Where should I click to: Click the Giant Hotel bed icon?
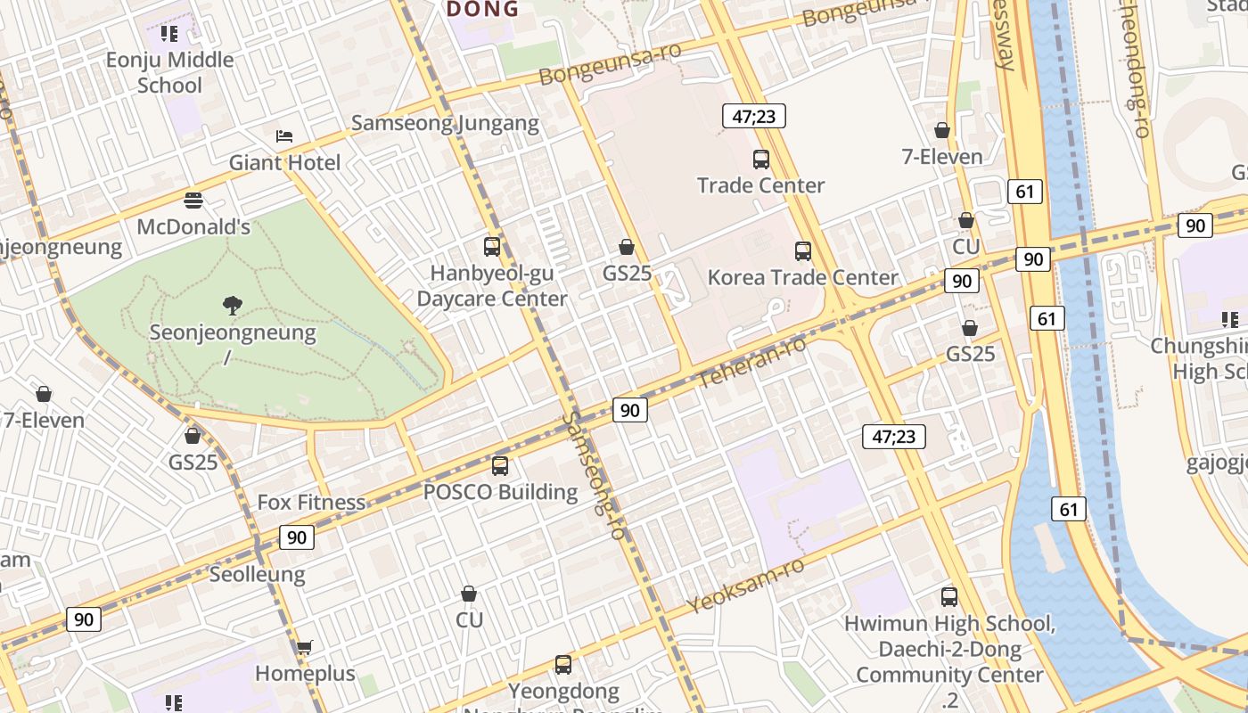(284, 136)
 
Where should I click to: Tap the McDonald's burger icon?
(193, 201)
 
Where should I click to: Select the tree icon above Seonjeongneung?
(233, 306)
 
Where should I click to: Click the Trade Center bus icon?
(760, 160)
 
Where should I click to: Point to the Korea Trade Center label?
(802, 277)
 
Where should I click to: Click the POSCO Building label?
(500, 492)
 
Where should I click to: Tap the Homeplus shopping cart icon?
(304, 647)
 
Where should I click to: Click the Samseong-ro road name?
(594, 474)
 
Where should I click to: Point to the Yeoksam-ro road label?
(746, 586)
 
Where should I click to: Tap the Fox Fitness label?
(311, 502)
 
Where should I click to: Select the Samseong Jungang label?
(445, 123)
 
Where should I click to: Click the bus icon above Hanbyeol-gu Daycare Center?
(491, 247)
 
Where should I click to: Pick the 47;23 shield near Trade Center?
(753, 116)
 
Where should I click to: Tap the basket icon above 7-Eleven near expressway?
(942, 131)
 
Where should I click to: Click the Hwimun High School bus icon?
(949, 597)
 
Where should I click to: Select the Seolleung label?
(257, 574)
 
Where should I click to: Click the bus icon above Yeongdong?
(562, 664)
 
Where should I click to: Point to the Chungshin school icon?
(1230, 319)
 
